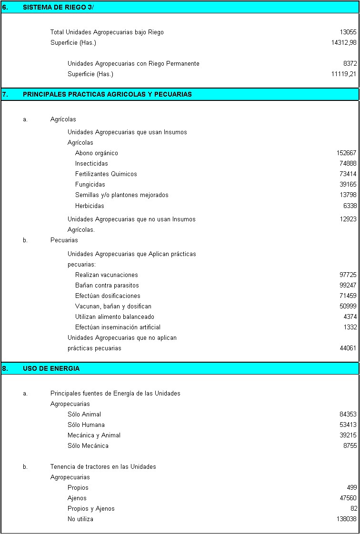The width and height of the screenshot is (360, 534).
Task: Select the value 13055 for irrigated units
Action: coord(348,32)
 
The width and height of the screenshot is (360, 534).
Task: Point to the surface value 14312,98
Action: coord(344,43)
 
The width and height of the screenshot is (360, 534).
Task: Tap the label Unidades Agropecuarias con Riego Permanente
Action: coord(133,64)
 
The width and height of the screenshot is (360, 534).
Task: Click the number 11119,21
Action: coord(344,74)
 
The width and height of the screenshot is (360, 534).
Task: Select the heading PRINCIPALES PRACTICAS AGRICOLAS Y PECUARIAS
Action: coord(107,94)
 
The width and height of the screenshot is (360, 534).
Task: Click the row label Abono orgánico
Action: coord(96,153)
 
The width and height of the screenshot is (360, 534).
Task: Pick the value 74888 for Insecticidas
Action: coord(348,164)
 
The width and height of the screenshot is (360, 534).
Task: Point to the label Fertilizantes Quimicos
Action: coord(106,174)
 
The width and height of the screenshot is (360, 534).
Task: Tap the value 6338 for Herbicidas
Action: coord(350,206)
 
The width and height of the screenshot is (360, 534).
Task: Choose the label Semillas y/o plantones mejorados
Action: coord(121,195)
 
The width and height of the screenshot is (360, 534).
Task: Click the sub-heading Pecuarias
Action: coord(64,240)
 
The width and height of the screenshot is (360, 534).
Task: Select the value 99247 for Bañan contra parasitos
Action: coord(348,286)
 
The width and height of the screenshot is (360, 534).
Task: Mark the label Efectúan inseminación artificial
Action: coord(118,327)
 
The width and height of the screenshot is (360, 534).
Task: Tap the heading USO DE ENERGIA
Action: coord(51,368)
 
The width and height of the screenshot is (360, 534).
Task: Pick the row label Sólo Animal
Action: coord(84,415)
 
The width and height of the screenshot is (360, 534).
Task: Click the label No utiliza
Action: coord(80,519)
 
